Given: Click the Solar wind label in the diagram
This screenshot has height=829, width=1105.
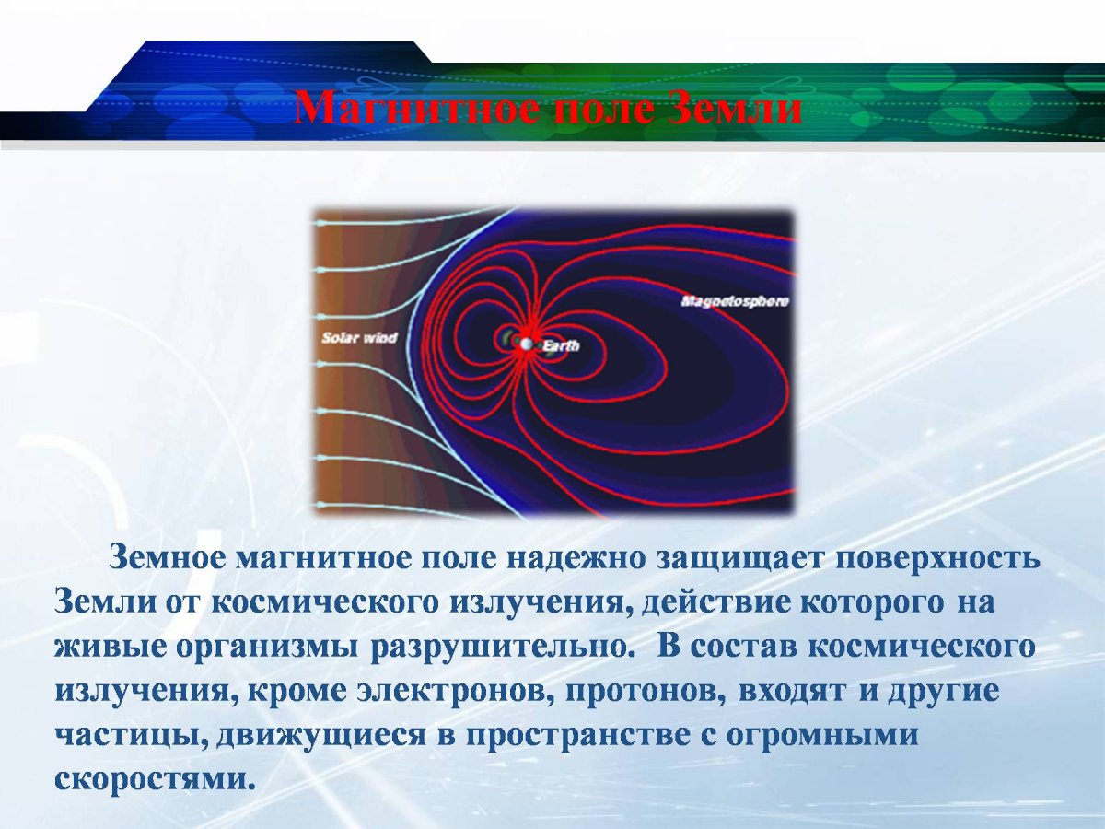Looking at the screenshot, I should [359, 338].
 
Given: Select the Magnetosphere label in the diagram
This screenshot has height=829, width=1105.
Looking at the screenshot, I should [735, 301].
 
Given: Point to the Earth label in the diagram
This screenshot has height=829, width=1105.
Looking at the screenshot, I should [561, 346].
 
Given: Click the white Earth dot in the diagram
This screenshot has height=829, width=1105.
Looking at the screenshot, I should [526, 344].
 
